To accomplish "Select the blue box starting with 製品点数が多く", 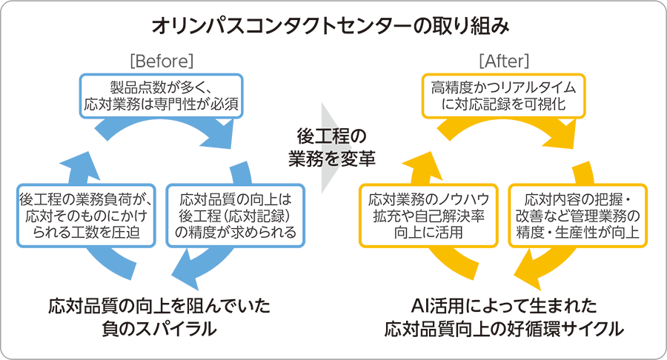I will pos(162,95).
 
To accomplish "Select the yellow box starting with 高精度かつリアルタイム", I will pos(503,95).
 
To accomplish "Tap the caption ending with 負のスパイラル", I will pos(160,316).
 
